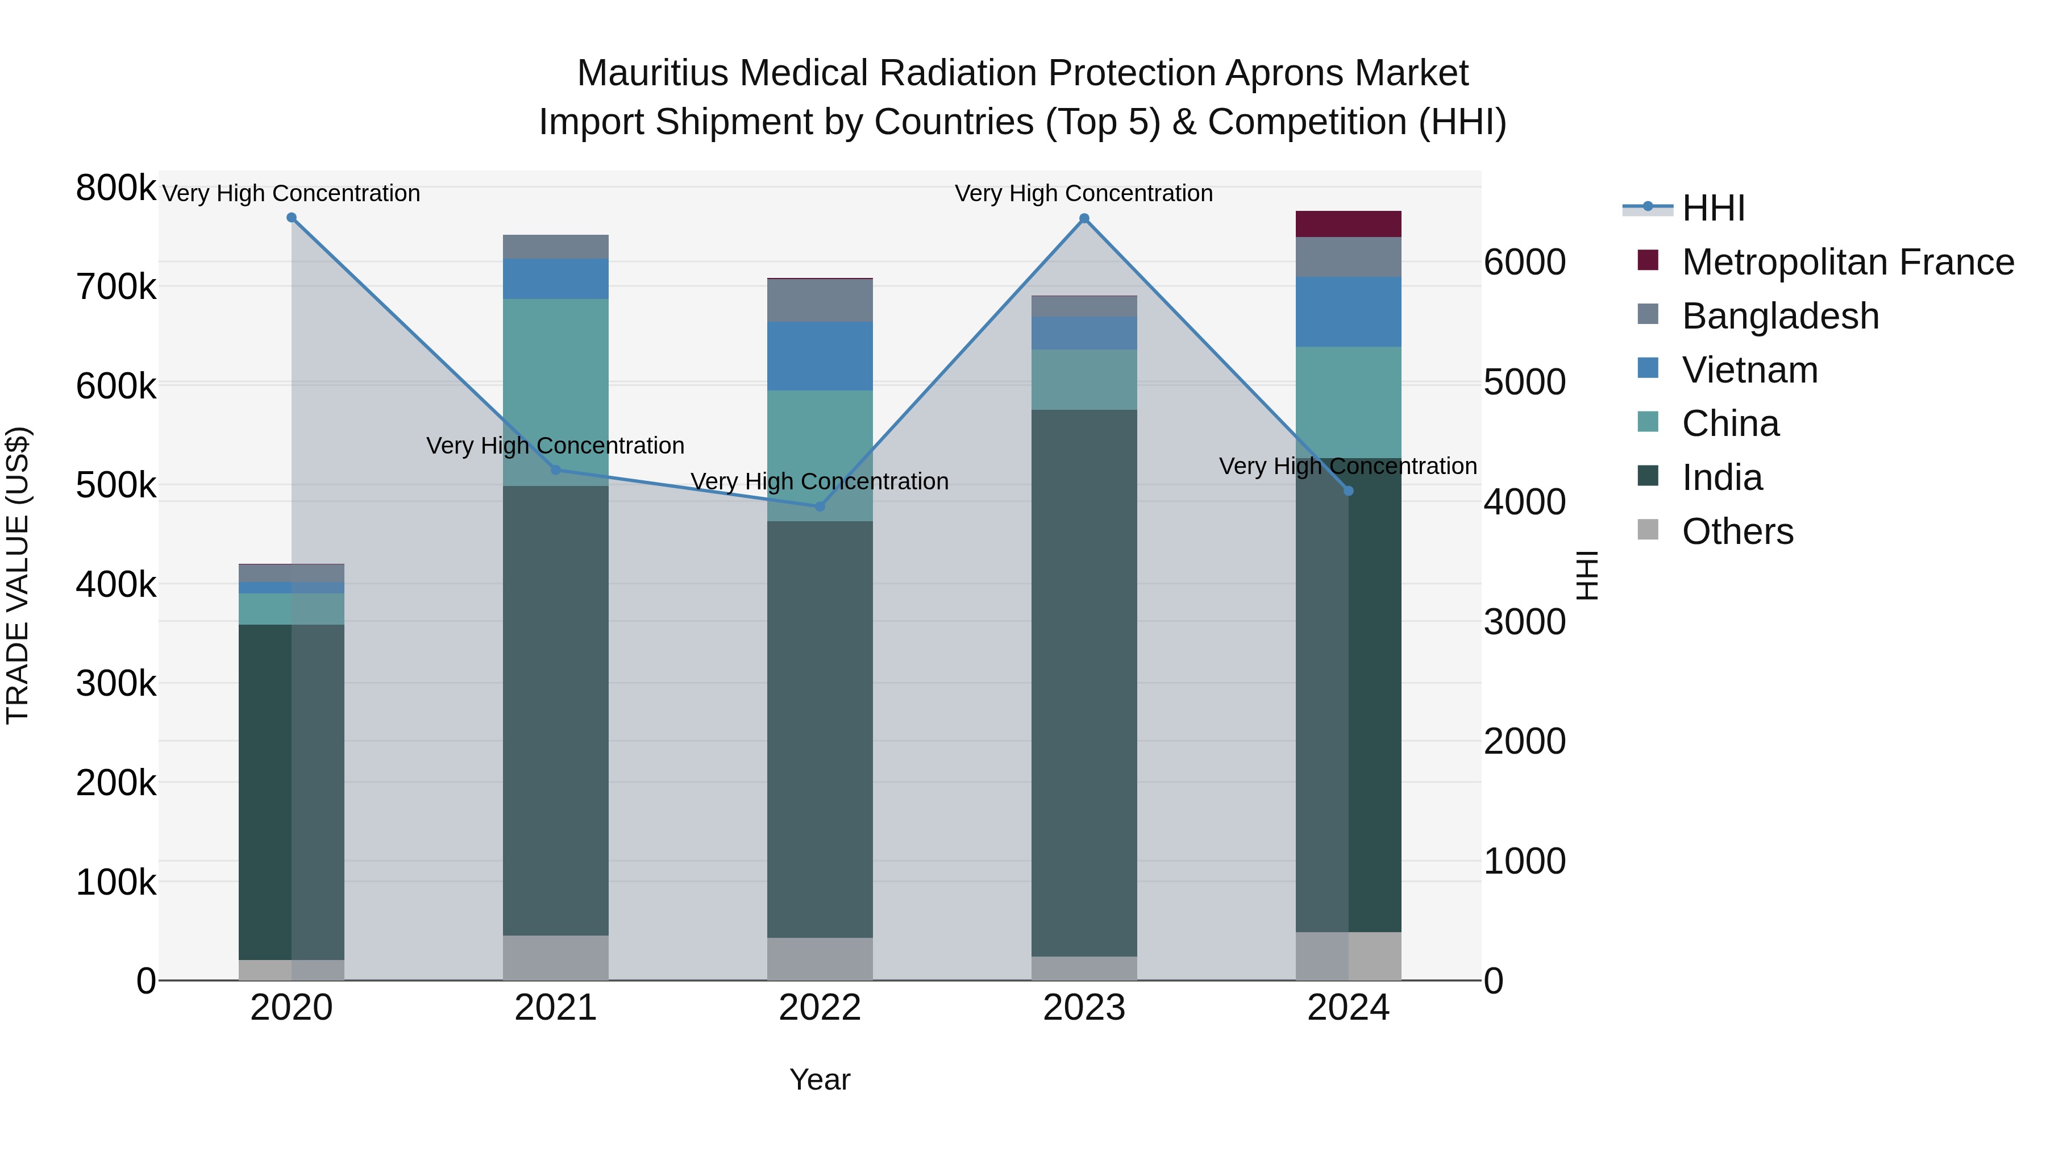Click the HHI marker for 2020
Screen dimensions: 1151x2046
pyautogui.click(x=292, y=218)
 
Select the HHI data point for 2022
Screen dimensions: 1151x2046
pyautogui.click(x=820, y=507)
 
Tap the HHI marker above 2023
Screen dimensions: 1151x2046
pyautogui.click(x=1084, y=218)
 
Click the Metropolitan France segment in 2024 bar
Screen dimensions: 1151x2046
pyautogui.click(x=1348, y=224)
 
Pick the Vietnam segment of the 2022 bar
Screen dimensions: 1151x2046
pyautogui.click(x=820, y=356)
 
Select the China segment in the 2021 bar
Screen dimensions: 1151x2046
pyautogui.click(x=555, y=392)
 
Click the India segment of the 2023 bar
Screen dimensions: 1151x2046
pyautogui.click(x=1084, y=683)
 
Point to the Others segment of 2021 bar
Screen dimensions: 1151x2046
pyautogui.click(x=555, y=957)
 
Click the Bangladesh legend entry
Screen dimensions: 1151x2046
pyautogui.click(x=1780, y=316)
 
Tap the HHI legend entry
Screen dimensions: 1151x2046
pyautogui.click(x=1713, y=208)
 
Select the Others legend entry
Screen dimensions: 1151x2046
pyautogui.click(x=1737, y=531)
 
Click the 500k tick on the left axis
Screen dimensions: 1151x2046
pyautogui.click(x=116, y=485)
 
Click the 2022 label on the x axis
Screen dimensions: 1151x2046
pyautogui.click(x=820, y=1008)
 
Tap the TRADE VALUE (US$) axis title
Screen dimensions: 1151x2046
pyautogui.click(x=18, y=575)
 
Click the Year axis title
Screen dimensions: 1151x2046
pyautogui.click(x=820, y=1079)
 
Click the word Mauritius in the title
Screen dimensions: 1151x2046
pyautogui.click(x=653, y=73)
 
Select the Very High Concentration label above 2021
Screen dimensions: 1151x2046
pyautogui.click(x=555, y=446)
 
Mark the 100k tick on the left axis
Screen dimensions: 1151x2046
pyautogui.click(x=116, y=882)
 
